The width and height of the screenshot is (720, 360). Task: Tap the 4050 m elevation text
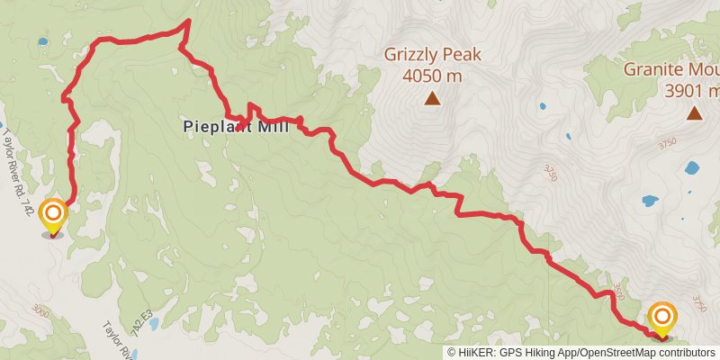432,76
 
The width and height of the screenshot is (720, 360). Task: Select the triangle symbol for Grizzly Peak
432,99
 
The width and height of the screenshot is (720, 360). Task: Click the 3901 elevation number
686,90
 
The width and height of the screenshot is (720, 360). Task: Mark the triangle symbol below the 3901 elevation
694,113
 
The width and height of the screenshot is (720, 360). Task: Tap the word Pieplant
217,127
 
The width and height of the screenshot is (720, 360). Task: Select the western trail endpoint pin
54,214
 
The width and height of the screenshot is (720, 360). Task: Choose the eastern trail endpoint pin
662,317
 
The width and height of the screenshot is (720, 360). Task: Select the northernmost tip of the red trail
188,21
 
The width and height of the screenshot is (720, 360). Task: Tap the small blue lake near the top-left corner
42,41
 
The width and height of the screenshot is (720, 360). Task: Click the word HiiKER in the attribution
476,353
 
